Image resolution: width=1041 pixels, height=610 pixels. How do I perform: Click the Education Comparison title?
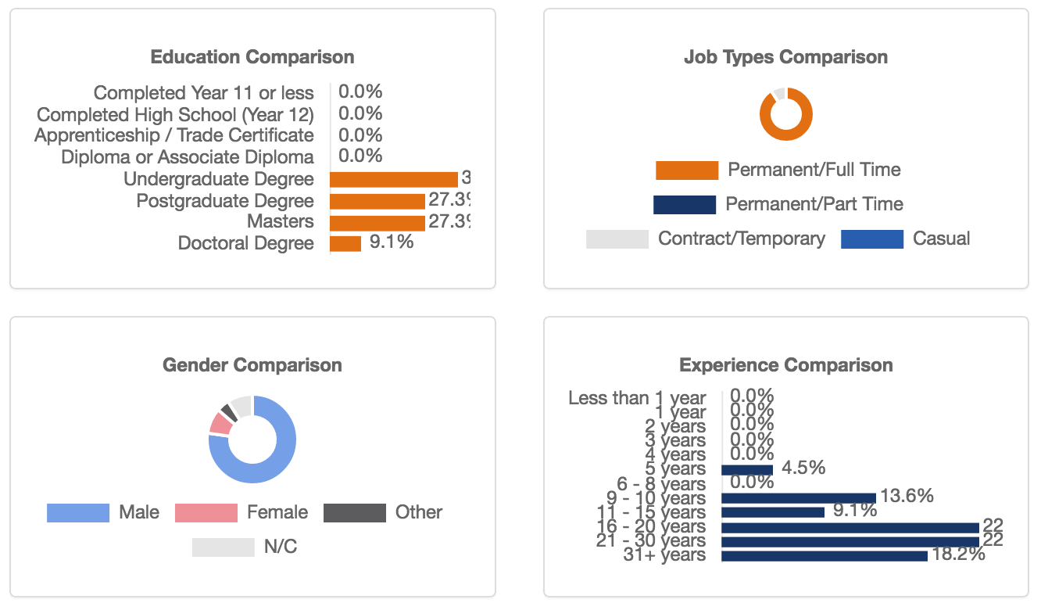252,57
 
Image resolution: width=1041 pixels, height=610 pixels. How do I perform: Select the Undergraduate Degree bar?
393,180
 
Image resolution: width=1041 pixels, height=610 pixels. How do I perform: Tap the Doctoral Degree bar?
345,244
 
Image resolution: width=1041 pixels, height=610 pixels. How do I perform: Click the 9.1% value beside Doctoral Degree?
391,242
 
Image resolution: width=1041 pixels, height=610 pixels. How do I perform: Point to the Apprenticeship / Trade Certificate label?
174,135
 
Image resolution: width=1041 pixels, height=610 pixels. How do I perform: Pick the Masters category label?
281,221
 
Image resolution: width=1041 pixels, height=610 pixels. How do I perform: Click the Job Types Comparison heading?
785,57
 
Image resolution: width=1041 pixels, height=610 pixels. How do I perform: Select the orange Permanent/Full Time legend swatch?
686,170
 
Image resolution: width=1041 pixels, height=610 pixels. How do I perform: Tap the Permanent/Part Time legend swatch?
684,205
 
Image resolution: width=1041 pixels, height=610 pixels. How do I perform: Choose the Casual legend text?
941,239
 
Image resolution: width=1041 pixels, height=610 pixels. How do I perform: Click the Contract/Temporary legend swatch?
617,239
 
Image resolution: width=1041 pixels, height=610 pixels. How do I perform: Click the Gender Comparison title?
252,365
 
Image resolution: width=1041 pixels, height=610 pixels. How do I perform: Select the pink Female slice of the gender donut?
220,423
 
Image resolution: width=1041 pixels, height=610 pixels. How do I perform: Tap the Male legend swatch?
77,513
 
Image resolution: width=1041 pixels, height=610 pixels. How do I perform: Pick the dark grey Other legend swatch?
354,513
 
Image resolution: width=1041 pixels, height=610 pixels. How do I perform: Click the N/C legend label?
280,547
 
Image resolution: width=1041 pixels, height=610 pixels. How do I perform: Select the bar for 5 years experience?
746,469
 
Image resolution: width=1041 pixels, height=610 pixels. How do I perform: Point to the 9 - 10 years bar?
798,498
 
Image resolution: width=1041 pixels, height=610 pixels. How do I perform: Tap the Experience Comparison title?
785,365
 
